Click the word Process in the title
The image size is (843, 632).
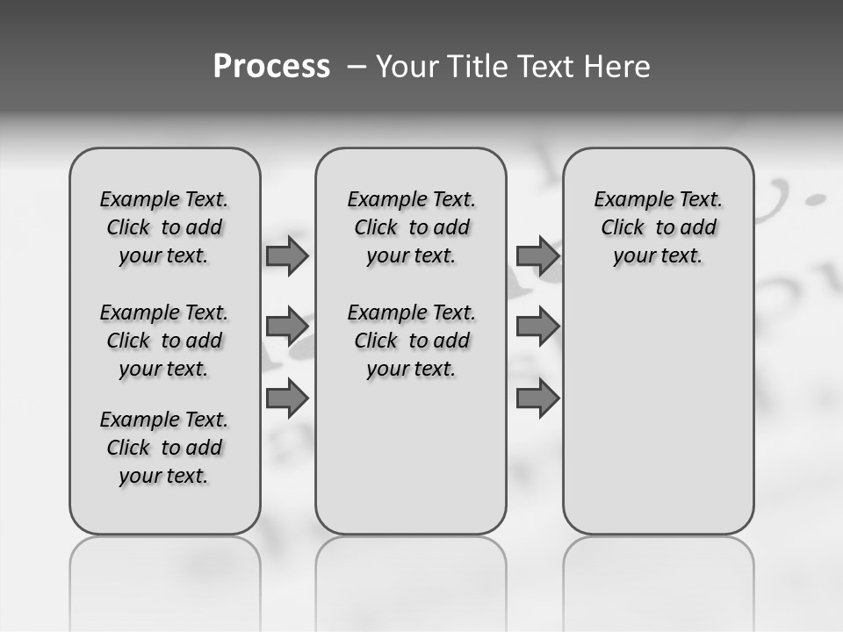click(x=271, y=67)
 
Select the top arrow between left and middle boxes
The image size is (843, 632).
click(x=287, y=255)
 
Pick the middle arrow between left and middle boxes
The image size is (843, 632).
click(x=287, y=327)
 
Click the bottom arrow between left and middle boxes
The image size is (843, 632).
click(x=287, y=399)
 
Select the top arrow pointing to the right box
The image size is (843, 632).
click(x=537, y=255)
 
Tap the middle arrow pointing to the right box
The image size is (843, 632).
click(x=537, y=327)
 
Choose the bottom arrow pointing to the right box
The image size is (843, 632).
click(x=537, y=399)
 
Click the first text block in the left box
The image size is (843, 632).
click(x=164, y=227)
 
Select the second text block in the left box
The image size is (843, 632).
click(x=164, y=341)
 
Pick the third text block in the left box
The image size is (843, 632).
click(x=164, y=448)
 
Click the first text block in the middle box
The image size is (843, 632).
click(x=411, y=227)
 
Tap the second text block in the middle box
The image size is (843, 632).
click(x=411, y=341)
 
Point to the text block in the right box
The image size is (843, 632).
click(x=659, y=227)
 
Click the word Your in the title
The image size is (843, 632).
click(x=407, y=67)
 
